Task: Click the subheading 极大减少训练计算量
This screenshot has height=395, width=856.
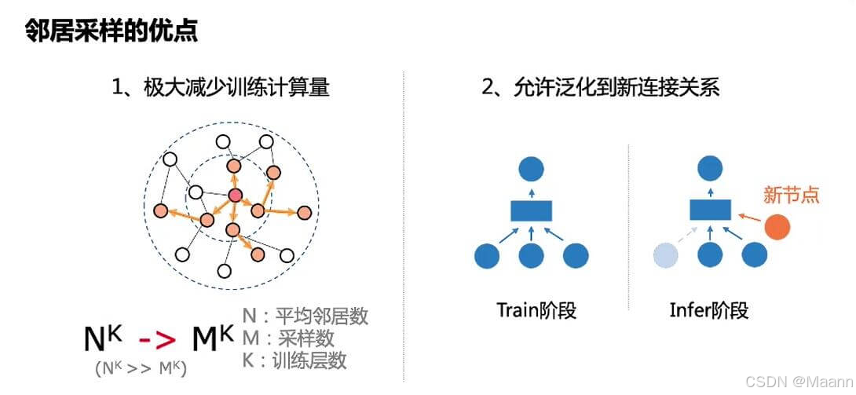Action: [221, 87]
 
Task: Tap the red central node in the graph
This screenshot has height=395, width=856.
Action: [234, 196]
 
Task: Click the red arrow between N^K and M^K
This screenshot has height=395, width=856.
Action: [159, 339]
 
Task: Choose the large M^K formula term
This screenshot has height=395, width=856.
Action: [212, 338]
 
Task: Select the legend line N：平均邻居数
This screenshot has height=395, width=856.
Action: [305, 316]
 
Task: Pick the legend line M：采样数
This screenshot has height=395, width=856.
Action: [290, 338]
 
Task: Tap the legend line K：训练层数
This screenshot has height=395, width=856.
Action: [295, 361]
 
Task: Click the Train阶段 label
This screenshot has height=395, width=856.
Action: [536, 310]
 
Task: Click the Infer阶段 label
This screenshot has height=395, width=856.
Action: [709, 310]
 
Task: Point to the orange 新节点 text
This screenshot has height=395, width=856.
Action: [792, 194]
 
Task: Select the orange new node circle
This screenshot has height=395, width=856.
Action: [777, 227]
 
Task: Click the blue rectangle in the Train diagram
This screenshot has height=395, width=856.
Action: [532, 210]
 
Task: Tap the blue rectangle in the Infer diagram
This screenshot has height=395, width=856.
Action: [711, 210]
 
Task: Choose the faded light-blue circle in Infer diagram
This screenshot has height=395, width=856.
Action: [667, 254]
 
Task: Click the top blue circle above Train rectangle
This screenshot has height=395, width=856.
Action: [532, 167]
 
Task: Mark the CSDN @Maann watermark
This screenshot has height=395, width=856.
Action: [796, 382]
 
